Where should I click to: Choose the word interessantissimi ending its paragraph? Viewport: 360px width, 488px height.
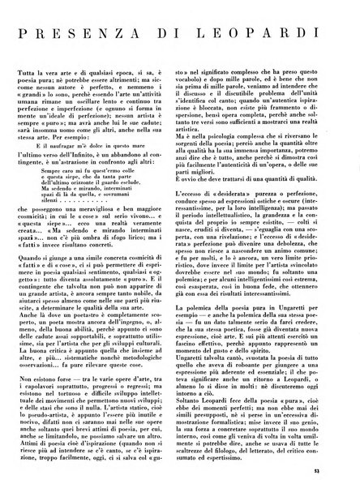coord(309,339)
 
